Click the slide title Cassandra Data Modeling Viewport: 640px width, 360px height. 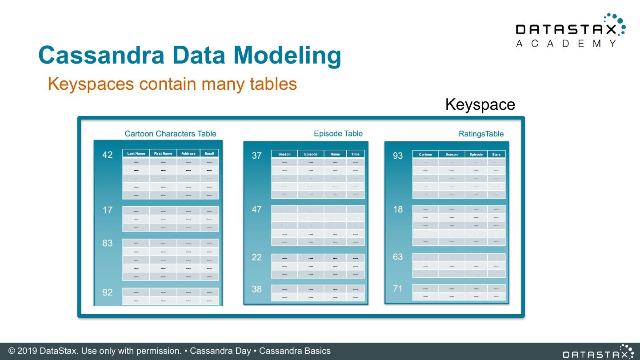tap(190, 55)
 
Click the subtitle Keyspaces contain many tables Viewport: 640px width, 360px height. tap(172, 84)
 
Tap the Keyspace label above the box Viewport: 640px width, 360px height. tap(480, 104)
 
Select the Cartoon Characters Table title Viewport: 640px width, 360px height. tap(170, 134)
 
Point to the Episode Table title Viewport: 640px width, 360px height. tap(338, 133)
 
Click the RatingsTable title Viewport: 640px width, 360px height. tap(481, 134)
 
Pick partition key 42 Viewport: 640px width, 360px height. tap(108, 155)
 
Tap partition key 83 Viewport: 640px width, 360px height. tap(108, 243)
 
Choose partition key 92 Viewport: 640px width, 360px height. tap(108, 292)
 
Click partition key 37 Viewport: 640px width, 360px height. tap(257, 156)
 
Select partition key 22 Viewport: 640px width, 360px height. tap(257, 257)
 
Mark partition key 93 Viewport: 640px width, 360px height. tap(398, 156)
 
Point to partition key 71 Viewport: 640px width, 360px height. tap(398, 289)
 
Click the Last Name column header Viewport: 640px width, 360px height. tap(136, 153)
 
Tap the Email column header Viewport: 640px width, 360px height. tap(209, 153)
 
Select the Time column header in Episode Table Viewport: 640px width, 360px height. tap(356, 154)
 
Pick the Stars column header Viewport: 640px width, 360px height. tap(496, 154)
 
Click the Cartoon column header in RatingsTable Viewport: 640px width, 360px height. tap(425, 154)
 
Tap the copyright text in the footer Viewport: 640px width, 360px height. tap(169, 351)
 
